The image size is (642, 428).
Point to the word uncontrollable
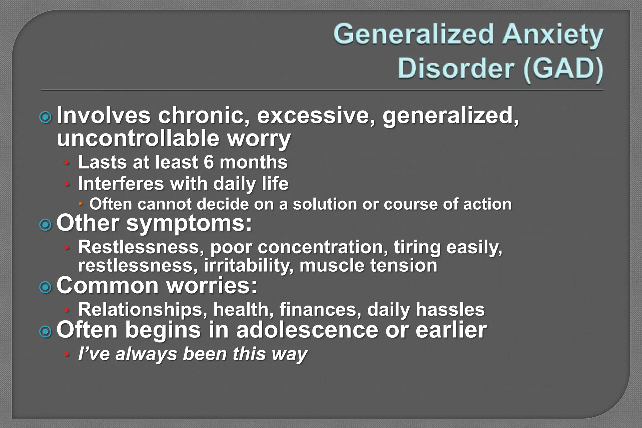click(x=138, y=138)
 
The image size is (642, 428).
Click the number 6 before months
click(x=209, y=162)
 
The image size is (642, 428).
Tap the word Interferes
click(x=121, y=184)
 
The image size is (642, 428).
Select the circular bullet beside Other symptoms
click(x=46, y=225)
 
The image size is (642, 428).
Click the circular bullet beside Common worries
click(x=46, y=287)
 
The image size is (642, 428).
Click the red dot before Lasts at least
click(x=66, y=163)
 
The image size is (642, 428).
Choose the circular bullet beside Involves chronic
click(x=46, y=117)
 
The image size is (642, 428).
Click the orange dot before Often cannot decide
click(x=80, y=204)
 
